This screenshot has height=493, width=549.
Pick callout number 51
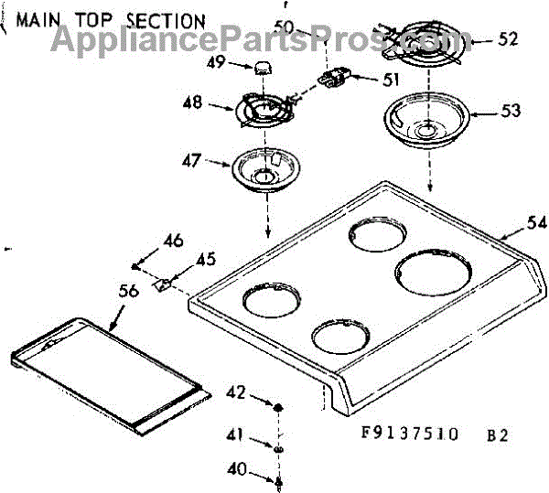[x=392, y=80]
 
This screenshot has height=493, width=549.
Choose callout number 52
[x=509, y=39]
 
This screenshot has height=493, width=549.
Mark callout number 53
[x=510, y=111]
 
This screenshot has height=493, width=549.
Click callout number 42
[x=236, y=392]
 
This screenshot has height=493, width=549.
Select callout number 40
[x=236, y=469]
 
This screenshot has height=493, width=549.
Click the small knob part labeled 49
[x=264, y=66]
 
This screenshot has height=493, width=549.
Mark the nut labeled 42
[x=278, y=405]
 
